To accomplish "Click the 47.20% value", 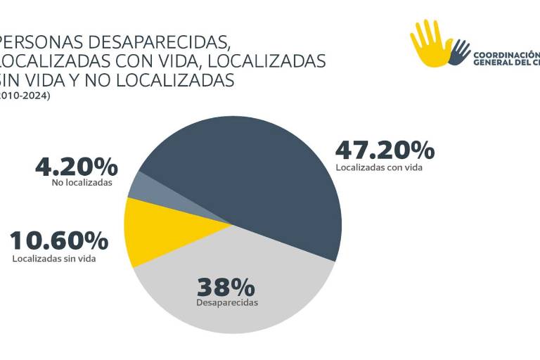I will coord(385,150).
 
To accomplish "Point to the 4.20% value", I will coord(77,167).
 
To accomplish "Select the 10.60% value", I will coord(60,240).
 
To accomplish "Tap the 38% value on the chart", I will coord(225,287).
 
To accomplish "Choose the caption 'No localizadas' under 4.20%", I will coord(82,182).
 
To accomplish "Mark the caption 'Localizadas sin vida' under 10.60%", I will coord(54,258).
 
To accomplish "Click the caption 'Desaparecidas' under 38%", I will coord(227,303).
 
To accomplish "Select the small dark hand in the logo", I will coord(460,52).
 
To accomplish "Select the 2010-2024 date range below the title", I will coord(25,96).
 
